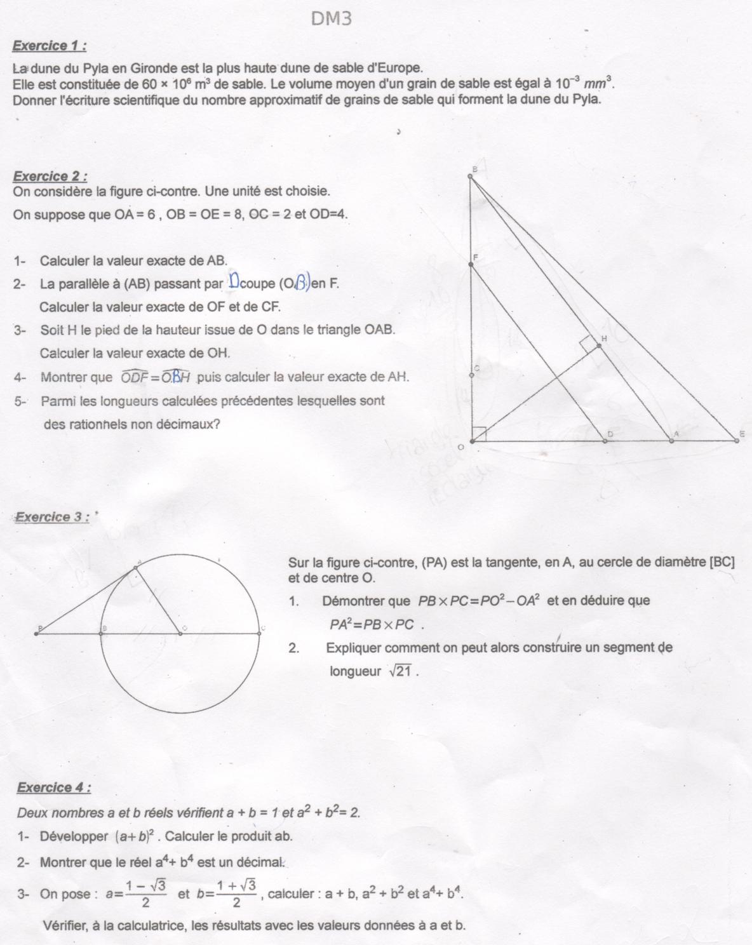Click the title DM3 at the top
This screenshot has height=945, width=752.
332,19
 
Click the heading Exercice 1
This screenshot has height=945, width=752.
50,46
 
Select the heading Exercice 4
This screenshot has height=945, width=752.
54,788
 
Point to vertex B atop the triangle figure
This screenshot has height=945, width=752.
470,177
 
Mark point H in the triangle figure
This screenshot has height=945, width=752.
599,346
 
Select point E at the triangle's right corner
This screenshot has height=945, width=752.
737,440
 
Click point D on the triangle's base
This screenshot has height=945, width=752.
605,440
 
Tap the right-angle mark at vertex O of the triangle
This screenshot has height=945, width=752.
479,434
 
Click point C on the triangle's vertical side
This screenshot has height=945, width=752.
471,375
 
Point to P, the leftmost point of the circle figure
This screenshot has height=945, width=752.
36,633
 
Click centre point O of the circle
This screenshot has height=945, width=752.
180,633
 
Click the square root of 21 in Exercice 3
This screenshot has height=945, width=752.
402,671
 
